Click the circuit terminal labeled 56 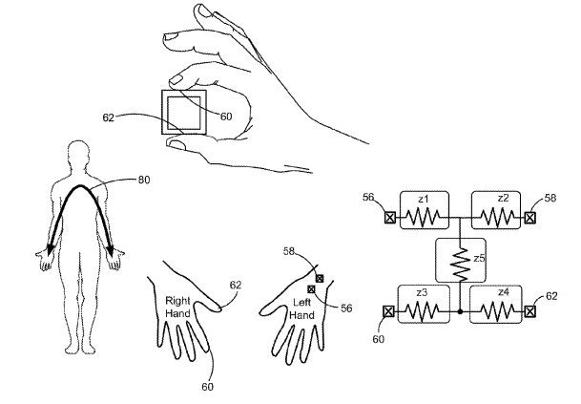click(x=389, y=218)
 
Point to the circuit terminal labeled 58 click(x=530, y=218)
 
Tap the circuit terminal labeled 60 click(x=388, y=311)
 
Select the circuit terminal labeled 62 click(x=530, y=311)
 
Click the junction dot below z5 click(x=460, y=312)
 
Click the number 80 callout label click(x=144, y=180)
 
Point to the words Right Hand click(x=177, y=307)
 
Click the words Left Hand click(x=301, y=309)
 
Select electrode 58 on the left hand click(x=320, y=278)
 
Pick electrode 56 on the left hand click(x=311, y=289)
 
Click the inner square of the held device click(x=184, y=112)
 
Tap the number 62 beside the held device click(x=108, y=117)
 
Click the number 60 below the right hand click(x=208, y=387)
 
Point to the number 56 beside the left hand click(x=346, y=308)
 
